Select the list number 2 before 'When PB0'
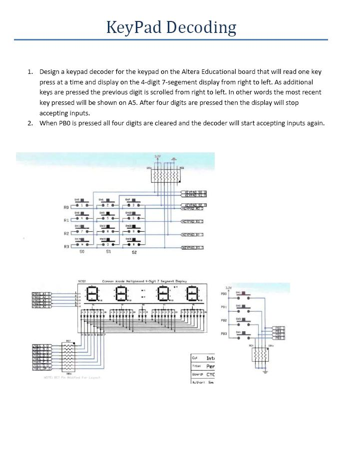(x=30, y=123)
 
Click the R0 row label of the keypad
(x=66, y=207)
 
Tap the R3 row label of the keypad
(x=66, y=247)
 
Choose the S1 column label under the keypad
(x=108, y=252)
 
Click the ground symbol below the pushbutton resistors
(x=265, y=372)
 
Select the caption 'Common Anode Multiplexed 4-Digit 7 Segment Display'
(x=144, y=281)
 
